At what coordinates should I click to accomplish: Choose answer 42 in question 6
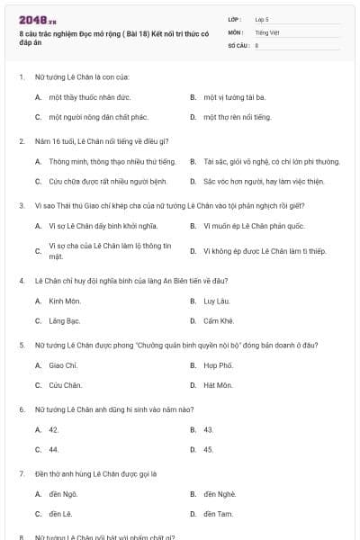54,429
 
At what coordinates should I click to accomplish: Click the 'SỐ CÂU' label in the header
238,44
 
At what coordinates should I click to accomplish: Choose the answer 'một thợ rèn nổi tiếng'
237,117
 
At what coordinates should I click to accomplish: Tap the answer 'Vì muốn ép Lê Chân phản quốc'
255,225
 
